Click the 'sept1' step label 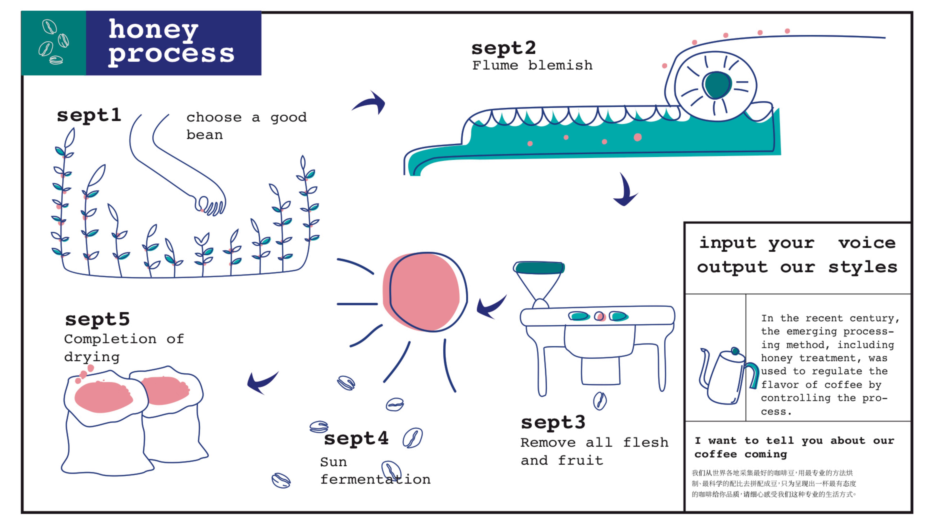pos(89,115)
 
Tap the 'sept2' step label pos(503,48)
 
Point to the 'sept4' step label pos(356,438)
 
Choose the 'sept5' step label pos(97,319)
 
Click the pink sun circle pos(422,292)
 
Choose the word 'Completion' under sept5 pos(110,339)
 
